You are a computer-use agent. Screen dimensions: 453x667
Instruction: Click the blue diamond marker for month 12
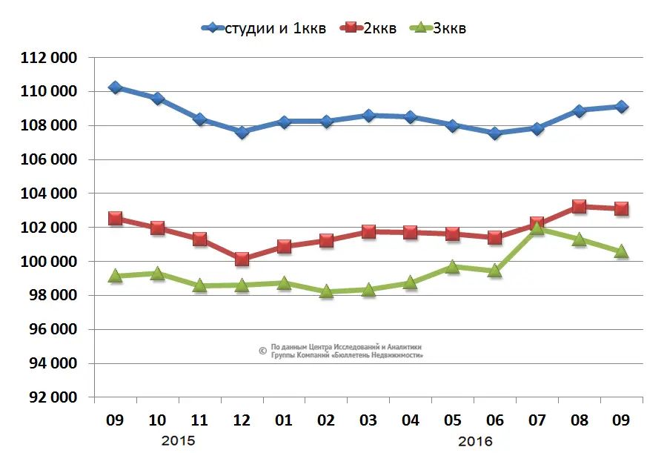click(x=242, y=132)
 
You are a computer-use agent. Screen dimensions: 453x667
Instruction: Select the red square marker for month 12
click(x=242, y=259)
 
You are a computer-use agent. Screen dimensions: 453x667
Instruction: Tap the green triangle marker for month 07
click(x=537, y=229)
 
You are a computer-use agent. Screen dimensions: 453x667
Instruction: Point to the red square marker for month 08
click(x=579, y=207)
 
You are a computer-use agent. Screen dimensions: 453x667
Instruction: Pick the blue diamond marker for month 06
click(x=494, y=133)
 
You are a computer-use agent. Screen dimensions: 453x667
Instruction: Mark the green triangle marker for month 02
click(x=326, y=291)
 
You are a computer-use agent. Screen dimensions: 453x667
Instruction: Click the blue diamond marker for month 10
click(x=157, y=99)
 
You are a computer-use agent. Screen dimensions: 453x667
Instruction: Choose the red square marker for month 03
click(x=368, y=231)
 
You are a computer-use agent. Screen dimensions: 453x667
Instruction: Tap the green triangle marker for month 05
click(x=452, y=267)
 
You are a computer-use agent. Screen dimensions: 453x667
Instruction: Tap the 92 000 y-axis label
click(x=53, y=397)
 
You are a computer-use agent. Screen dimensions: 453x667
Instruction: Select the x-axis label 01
click(x=284, y=420)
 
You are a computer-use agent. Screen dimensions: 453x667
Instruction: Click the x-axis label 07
click(x=537, y=420)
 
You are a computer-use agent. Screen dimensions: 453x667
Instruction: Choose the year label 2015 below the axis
click(x=178, y=440)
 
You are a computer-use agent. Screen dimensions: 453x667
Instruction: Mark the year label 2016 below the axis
click(x=474, y=440)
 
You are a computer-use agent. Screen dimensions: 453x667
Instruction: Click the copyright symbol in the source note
click(x=262, y=351)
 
